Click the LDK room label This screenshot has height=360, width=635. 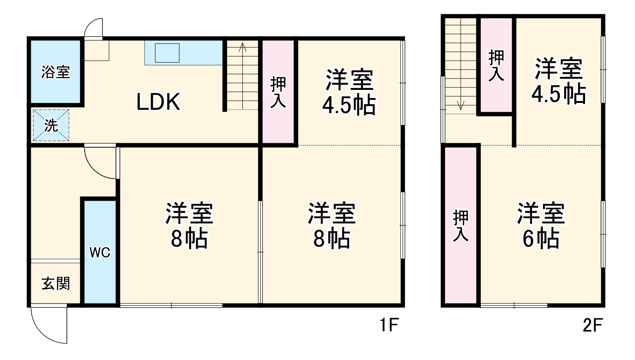[x=158, y=102]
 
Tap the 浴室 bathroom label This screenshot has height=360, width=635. [x=56, y=72]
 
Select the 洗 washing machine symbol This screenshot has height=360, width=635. [x=51, y=126]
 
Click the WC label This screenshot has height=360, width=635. [x=100, y=253]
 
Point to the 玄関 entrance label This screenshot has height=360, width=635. [x=56, y=284]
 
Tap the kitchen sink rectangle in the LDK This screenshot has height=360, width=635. [x=167, y=53]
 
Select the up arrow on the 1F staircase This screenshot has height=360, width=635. [x=243, y=47]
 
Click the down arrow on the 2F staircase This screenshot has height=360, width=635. [x=460, y=104]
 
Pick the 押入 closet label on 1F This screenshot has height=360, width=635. [x=278, y=92]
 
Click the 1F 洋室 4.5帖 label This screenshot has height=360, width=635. [x=349, y=92]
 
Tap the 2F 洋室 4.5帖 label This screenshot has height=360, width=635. [x=559, y=81]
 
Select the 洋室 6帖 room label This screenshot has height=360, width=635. [x=541, y=225]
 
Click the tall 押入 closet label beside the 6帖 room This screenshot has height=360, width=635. [x=461, y=226]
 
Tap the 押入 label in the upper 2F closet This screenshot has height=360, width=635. [x=496, y=66]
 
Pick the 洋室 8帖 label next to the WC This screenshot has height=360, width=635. [x=189, y=225]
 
